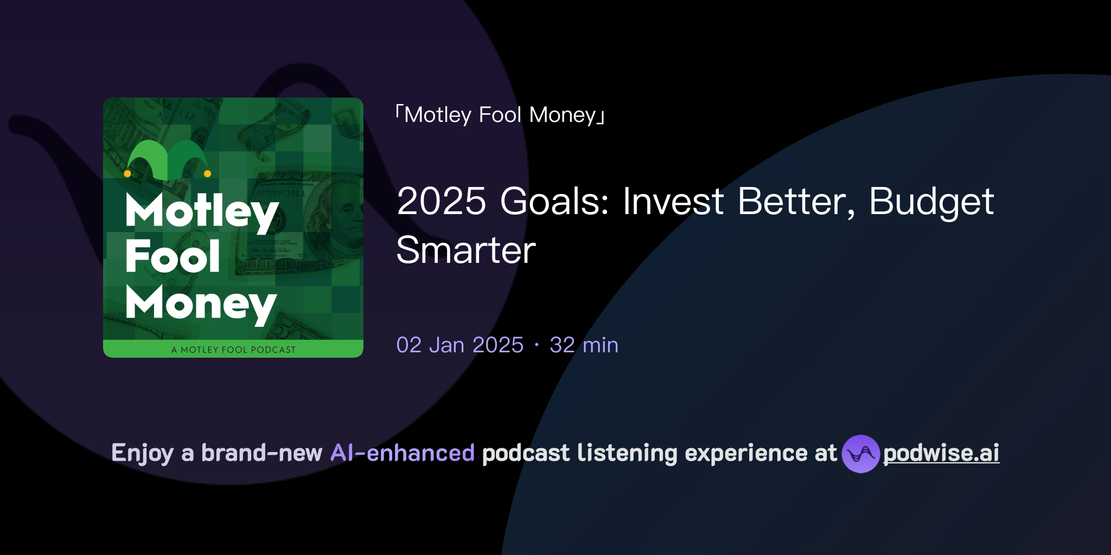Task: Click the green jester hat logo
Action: [x=167, y=160]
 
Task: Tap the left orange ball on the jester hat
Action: [x=127, y=174]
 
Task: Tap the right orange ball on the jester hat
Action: [x=207, y=174]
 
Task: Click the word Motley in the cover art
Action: [x=202, y=211]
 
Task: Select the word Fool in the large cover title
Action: [x=173, y=256]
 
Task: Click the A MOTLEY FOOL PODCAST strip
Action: [x=233, y=350]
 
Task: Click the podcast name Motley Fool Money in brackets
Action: [x=500, y=115]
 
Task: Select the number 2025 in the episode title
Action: [x=441, y=202]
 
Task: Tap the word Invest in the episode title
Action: [x=673, y=202]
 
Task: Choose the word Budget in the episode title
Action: [x=931, y=202]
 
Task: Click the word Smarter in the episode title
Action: [x=466, y=250]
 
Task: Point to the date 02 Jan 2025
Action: [x=459, y=345]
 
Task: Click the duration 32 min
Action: [x=584, y=345]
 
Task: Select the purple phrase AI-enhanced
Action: [x=403, y=453]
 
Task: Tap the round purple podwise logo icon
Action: [x=860, y=454]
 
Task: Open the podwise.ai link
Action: [x=941, y=454]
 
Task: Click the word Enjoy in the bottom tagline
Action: [x=142, y=453]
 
